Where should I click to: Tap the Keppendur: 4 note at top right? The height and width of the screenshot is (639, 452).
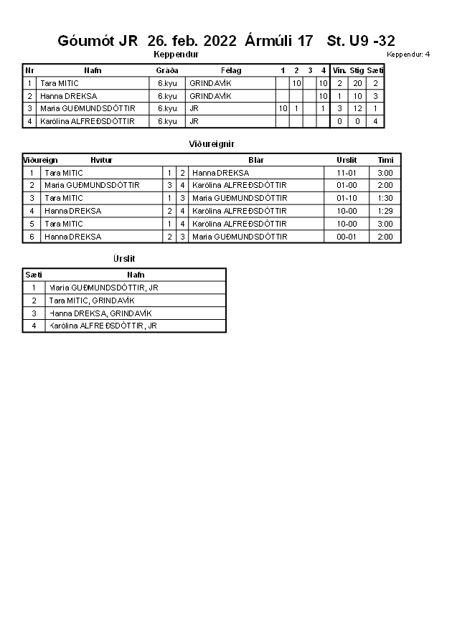[x=408, y=55]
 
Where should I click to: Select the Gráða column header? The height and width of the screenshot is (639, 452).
[x=166, y=70]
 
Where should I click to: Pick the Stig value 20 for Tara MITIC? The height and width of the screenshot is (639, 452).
[x=357, y=83]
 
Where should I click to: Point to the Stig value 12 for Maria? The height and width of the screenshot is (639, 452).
[x=357, y=108]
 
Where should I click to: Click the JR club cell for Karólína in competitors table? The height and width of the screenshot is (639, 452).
[x=194, y=121]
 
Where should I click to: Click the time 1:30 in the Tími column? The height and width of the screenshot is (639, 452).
[x=385, y=198]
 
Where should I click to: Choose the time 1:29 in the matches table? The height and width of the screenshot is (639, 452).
[x=385, y=211]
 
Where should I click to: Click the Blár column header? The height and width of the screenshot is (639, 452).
[x=256, y=160]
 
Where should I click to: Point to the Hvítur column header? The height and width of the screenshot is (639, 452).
[x=101, y=160]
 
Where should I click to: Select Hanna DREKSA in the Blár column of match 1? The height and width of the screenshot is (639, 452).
[x=220, y=173]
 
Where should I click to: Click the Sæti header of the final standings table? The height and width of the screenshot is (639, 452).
[x=34, y=275]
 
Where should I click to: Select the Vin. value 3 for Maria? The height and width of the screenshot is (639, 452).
[x=339, y=108]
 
